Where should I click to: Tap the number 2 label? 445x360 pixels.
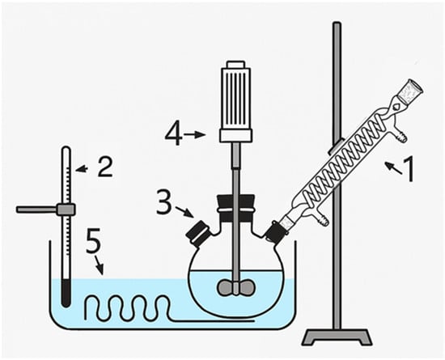click(x=105, y=167)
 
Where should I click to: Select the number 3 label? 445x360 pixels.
click(x=164, y=202)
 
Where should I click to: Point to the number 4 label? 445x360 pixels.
click(x=174, y=133)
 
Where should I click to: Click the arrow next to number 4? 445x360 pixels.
click(x=195, y=135)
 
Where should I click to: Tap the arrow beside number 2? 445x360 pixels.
click(x=82, y=169)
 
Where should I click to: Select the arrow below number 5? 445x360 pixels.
click(x=99, y=265)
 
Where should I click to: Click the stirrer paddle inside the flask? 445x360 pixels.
click(x=235, y=288)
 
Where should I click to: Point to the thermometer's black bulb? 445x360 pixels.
click(x=66, y=293)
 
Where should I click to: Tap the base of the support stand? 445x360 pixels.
click(x=337, y=337)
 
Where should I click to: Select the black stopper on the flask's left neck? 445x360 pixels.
click(x=198, y=231)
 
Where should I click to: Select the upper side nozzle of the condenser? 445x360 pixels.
click(x=401, y=133)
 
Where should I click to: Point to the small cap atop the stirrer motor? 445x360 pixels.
click(x=235, y=64)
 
